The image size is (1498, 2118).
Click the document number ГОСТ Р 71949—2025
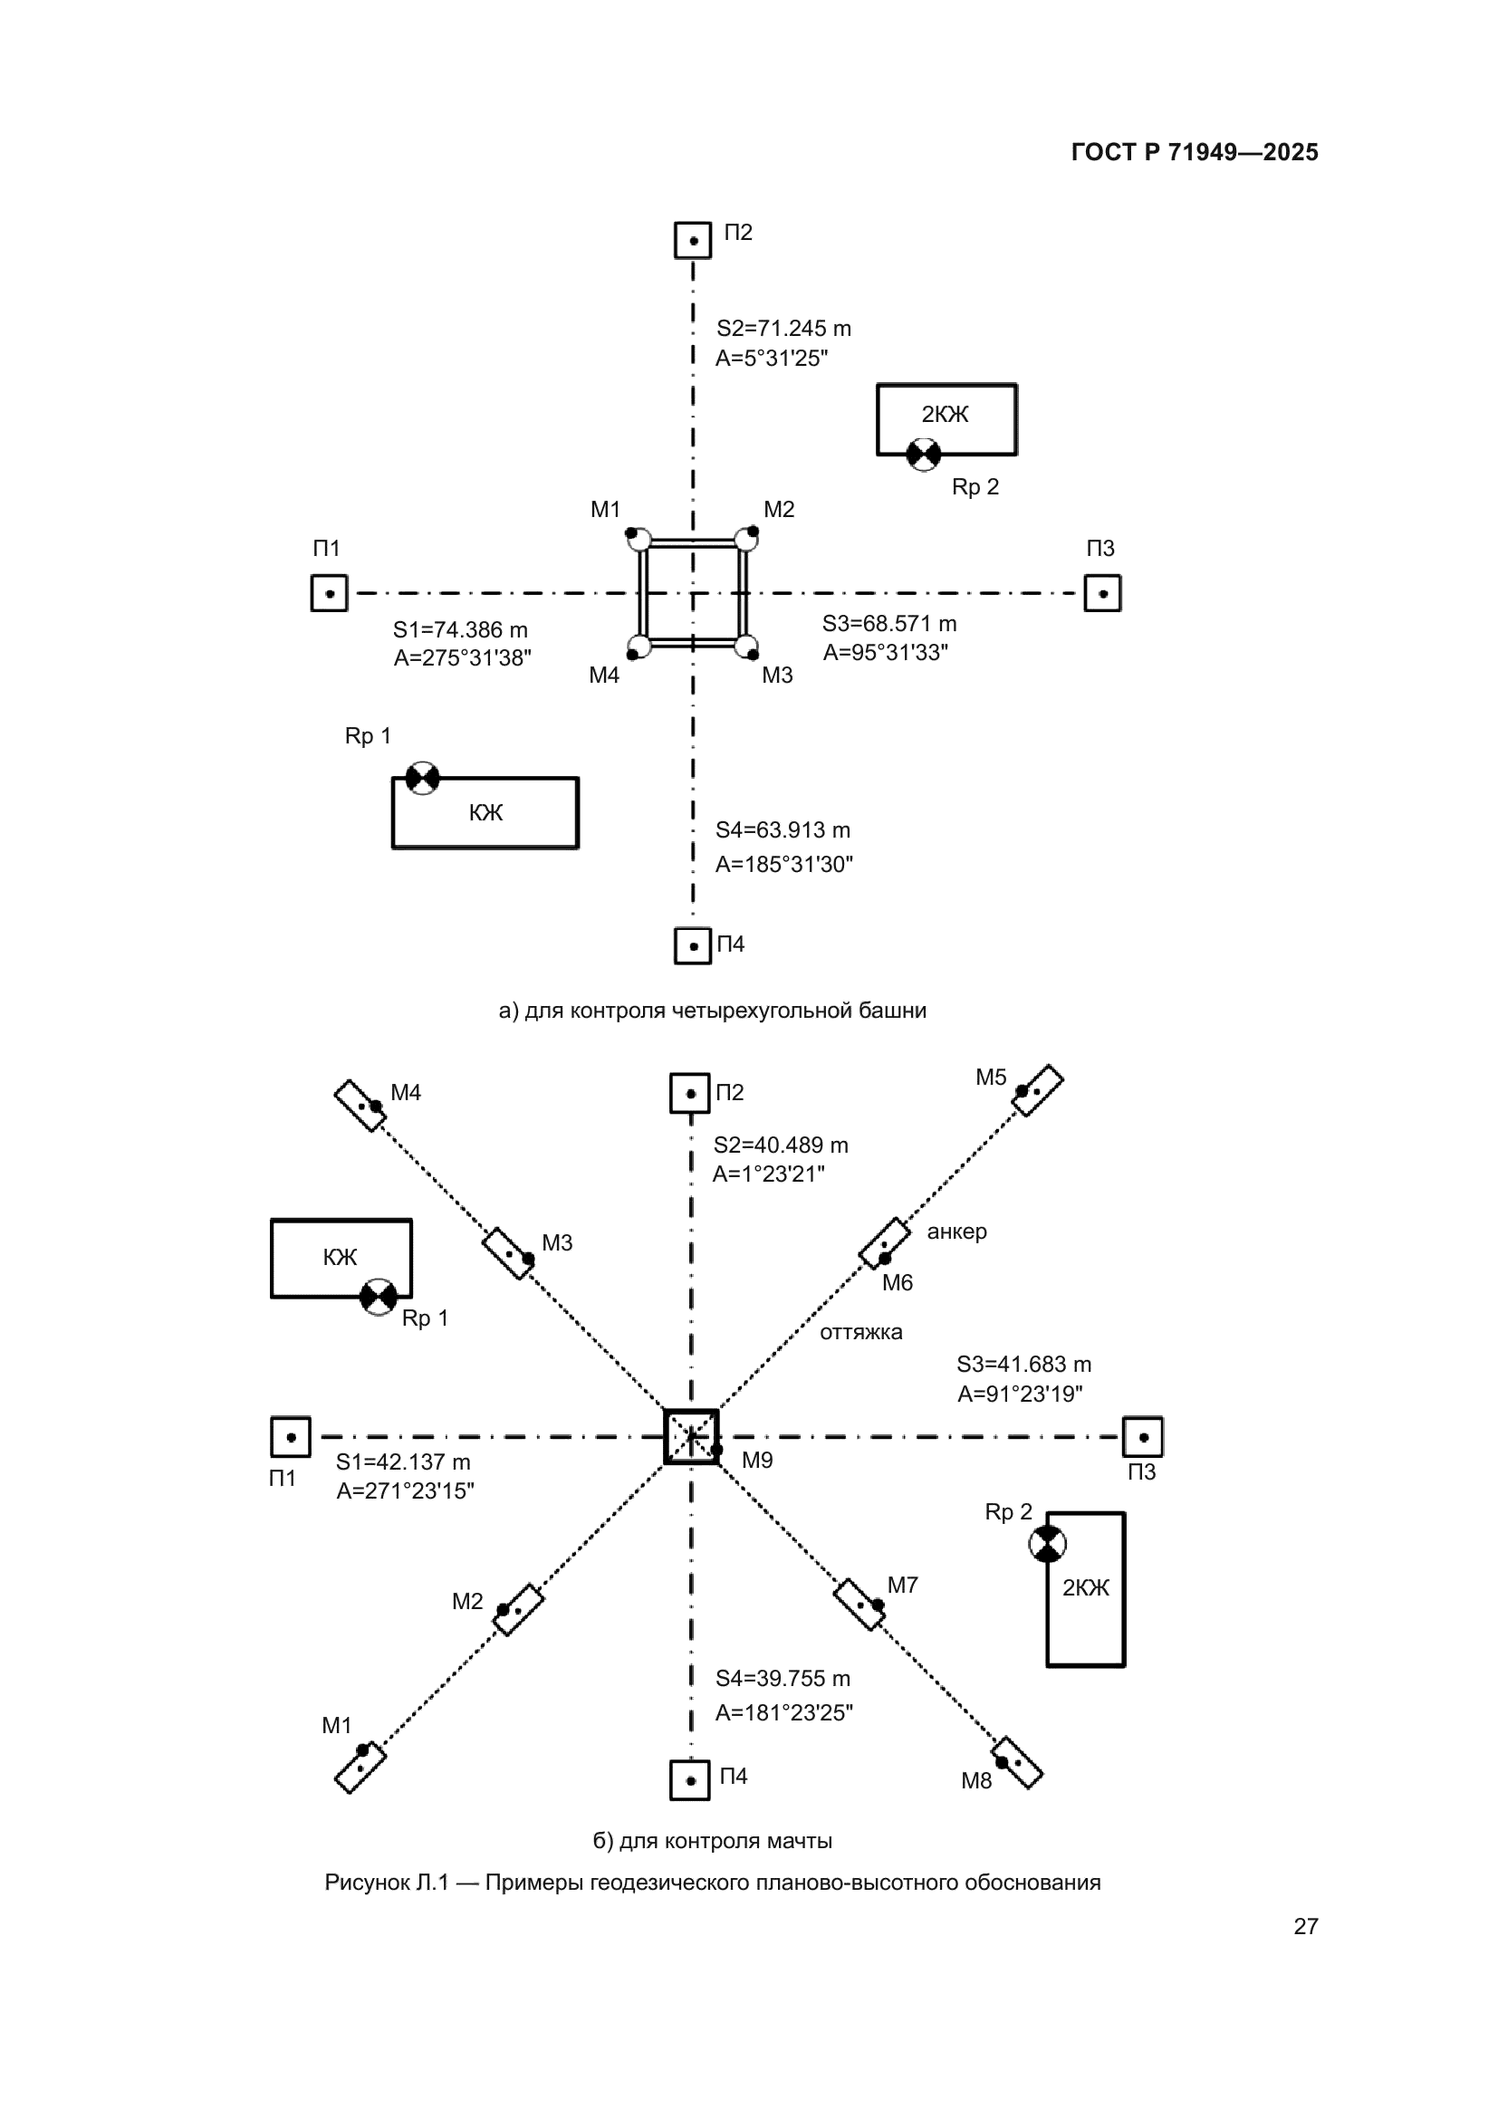coord(1195,152)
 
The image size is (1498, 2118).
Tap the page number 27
coord(1306,1926)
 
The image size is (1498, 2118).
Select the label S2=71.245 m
coord(784,329)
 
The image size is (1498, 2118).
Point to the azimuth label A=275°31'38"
coord(462,657)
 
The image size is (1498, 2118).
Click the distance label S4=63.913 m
coord(783,830)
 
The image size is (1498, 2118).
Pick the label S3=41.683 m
coord(1024,1365)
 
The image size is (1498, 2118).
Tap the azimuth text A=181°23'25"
coord(784,1713)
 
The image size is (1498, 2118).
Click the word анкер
coord(956,1232)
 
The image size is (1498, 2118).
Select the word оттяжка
coord(860,1332)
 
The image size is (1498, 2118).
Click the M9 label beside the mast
coord(757,1461)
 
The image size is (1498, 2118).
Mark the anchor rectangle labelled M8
coord(1016,1763)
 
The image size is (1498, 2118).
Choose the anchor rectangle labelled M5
coord(1038,1090)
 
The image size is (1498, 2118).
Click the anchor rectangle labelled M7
coord(859,1605)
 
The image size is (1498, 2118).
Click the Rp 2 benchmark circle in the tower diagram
coord(923,454)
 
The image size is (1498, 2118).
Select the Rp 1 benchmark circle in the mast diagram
coord(379,1297)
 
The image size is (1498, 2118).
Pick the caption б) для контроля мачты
coord(712,1841)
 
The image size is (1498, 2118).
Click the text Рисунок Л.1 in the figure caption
coord(387,1883)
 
